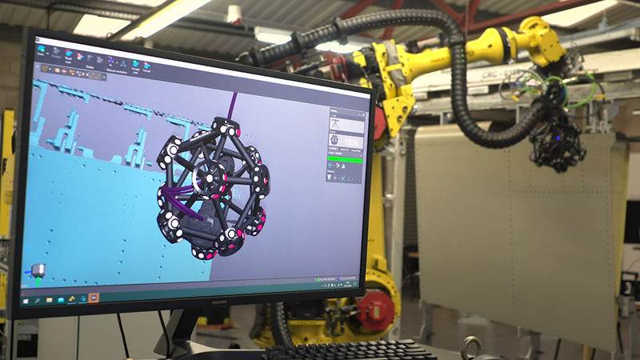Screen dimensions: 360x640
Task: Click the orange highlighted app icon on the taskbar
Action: pyautogui.click(x=94, y=298)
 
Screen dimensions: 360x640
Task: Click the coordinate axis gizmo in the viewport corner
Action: pyautogui.click(x=37, y=271)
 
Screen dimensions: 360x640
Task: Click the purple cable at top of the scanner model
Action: pyautogui.click(x=233, y=104)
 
